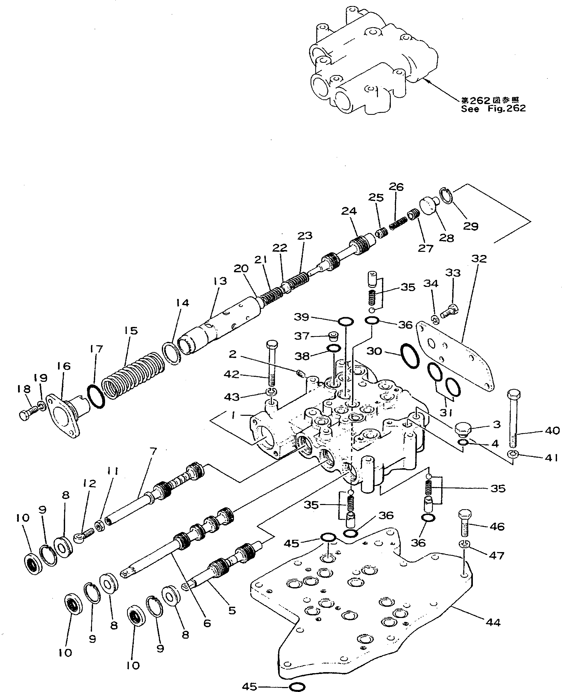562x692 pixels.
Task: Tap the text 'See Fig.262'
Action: [493, 109]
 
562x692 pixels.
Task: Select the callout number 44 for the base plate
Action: [493, 622]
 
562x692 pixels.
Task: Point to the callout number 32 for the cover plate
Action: [479, 259]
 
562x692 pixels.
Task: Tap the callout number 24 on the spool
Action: [349, 211]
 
